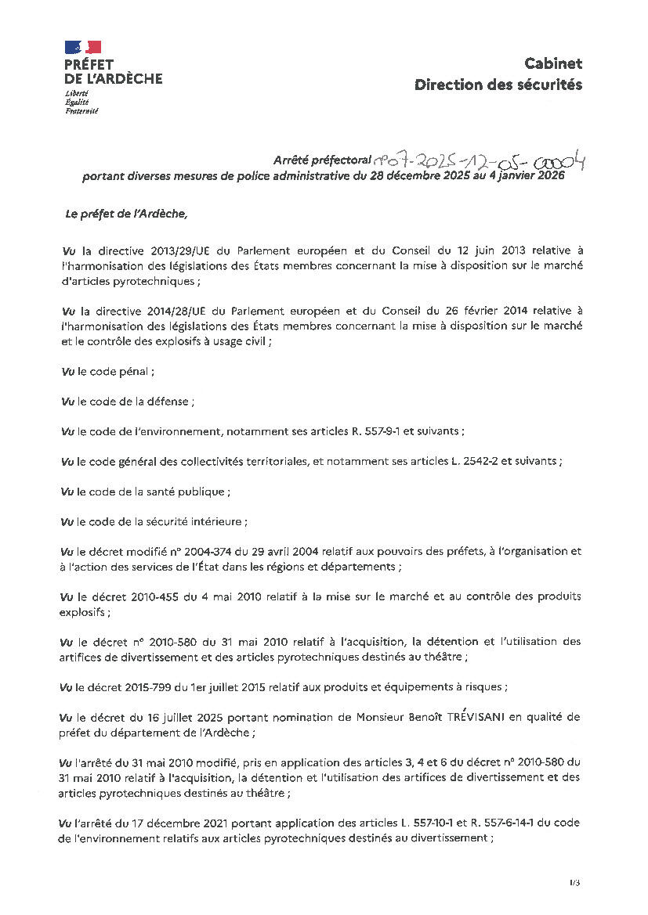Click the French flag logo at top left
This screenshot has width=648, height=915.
[83, 47]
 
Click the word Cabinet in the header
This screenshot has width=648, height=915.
[554, 64]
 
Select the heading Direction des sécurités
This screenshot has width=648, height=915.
[498, 85]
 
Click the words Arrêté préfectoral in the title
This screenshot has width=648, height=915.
[322, 160]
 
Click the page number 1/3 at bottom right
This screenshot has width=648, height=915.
[575, 883]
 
